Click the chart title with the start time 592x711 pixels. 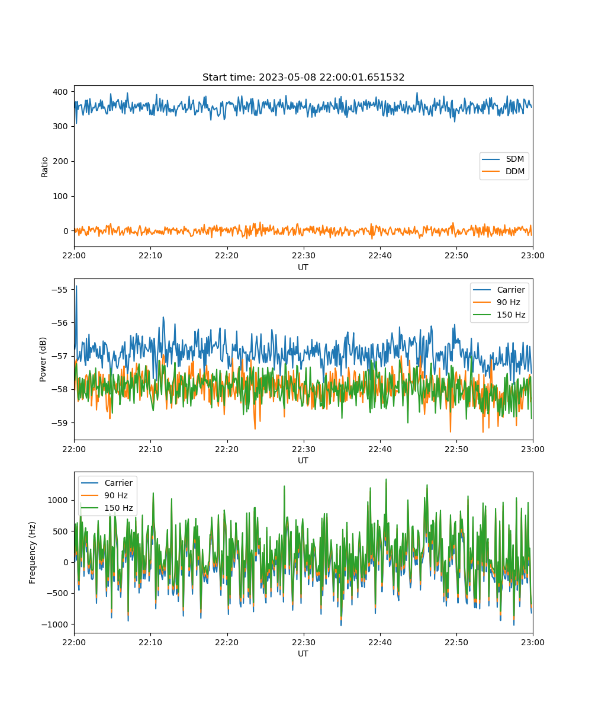[303, 77]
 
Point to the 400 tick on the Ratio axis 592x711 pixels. [60, 92]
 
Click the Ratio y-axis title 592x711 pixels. [44, 167]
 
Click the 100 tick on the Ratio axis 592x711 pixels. [60, 196]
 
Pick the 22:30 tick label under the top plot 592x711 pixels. [304, 255]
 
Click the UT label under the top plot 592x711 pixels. [303, 267]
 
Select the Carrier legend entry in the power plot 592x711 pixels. [499, 290]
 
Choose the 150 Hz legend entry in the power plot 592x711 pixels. [499, 315]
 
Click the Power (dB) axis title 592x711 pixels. [43, 359]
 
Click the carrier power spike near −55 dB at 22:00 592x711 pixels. [76, 287]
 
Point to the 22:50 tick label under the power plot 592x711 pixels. [456, 449]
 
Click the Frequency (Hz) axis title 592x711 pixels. [33, 553]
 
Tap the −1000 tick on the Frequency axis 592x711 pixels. [55, 624]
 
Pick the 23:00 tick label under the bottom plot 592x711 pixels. [532, 642]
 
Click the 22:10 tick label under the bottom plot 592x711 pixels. [150, 642]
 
